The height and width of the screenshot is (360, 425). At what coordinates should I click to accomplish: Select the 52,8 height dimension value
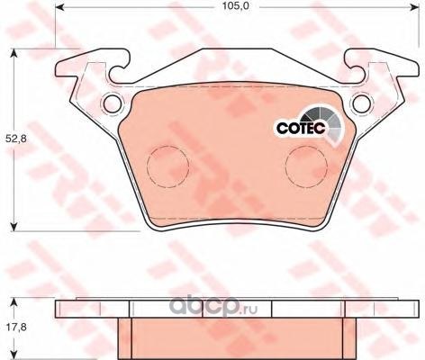(16, 139)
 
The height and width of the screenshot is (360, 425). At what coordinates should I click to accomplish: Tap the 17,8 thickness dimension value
(16, 327)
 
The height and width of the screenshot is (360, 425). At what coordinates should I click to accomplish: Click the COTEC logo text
(301, 128)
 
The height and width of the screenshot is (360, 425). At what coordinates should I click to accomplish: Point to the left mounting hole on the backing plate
(113, 103)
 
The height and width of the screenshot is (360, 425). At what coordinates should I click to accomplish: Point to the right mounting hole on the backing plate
(361, 103)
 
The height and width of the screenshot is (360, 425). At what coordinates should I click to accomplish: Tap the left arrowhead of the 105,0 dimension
(59, 6)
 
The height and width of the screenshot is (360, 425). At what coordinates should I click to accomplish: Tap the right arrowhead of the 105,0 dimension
(414, 6)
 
